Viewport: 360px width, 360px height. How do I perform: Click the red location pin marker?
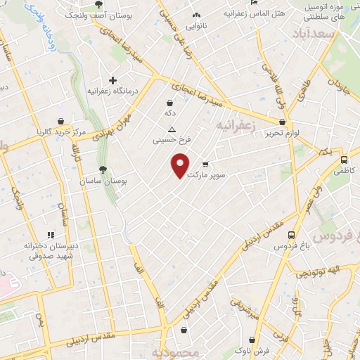(x=181, y=165)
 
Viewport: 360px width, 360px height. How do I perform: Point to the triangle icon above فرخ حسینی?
(x=172, y=129)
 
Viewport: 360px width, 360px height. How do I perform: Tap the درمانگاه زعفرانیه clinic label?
(x=110, y=91)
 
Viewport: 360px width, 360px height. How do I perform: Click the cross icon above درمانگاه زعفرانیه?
(x=112, y=80)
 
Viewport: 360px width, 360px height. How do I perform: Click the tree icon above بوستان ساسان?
(x=103, y=169)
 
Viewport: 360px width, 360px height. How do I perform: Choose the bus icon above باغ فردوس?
(x=290, y=236)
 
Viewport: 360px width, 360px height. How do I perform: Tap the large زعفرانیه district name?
(x=233, y=125)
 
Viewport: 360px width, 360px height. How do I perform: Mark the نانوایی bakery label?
(x=195, y=26)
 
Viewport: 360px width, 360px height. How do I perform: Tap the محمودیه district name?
(x=171, y=352)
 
